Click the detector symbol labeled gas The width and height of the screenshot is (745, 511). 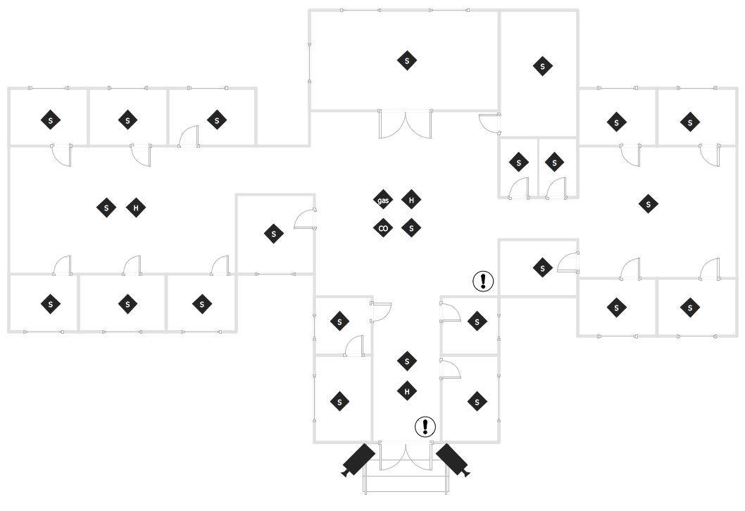click(x=383, y=200)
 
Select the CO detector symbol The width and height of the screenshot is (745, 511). click(x=383, y=228)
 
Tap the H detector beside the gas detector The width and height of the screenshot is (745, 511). click(x=411, y=200)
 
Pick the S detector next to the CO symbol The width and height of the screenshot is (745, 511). click(x=411, y=228)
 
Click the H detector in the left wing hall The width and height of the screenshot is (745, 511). click(x=136, y=208)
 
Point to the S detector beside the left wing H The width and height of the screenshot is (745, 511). click(x=106, y=208)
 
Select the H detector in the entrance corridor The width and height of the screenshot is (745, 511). click(x=407, y=391)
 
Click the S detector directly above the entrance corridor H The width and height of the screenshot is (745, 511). click(x=407, y=361)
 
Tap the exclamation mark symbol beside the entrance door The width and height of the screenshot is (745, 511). click(x=425, y=427)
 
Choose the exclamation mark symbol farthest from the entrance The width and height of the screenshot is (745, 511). click(x=483, y=281)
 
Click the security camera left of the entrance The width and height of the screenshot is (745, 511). click(x=358, y=460)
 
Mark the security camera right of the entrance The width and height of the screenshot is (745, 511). click(x=453, y=460)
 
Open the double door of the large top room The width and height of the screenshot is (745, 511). click(x=406, y=124)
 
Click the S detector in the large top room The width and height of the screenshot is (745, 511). click(x=407, y=61)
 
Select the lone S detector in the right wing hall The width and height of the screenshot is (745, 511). click(x=648, y=204)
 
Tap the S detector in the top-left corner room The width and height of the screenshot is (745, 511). click(x=51, y=120)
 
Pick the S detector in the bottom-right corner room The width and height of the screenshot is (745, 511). click(x=690, y=308)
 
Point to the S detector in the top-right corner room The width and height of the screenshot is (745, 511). click(x=690, y=122)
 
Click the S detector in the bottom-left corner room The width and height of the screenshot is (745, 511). click(x=51, y=304)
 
